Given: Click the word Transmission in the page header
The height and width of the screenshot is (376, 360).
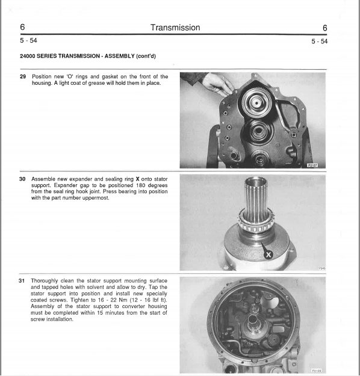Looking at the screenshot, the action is pos(175,28).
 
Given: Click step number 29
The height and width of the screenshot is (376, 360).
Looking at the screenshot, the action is pos(23,76).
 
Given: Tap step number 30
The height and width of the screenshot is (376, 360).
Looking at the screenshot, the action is pos(22,179).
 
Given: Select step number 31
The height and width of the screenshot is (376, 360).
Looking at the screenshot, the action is pos(22,280).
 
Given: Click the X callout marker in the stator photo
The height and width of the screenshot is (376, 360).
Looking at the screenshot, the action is pos(268,254).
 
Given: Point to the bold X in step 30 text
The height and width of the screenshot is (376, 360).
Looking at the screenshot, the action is pos(137,179).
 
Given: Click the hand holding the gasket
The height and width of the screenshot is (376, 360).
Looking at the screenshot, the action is pos(217,84).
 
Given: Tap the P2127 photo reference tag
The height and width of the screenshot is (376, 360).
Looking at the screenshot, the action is pos(312,165).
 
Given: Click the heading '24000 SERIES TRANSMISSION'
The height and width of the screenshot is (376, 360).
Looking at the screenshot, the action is pos(60,56).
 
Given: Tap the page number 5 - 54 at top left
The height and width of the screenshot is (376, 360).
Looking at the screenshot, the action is pos(28,40).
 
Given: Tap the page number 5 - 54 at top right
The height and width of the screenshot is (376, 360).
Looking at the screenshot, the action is pos(320,42).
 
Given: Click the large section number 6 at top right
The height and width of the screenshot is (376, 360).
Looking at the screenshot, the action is pos(324,28).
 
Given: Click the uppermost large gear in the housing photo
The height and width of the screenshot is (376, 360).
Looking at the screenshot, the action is pos(256,103).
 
